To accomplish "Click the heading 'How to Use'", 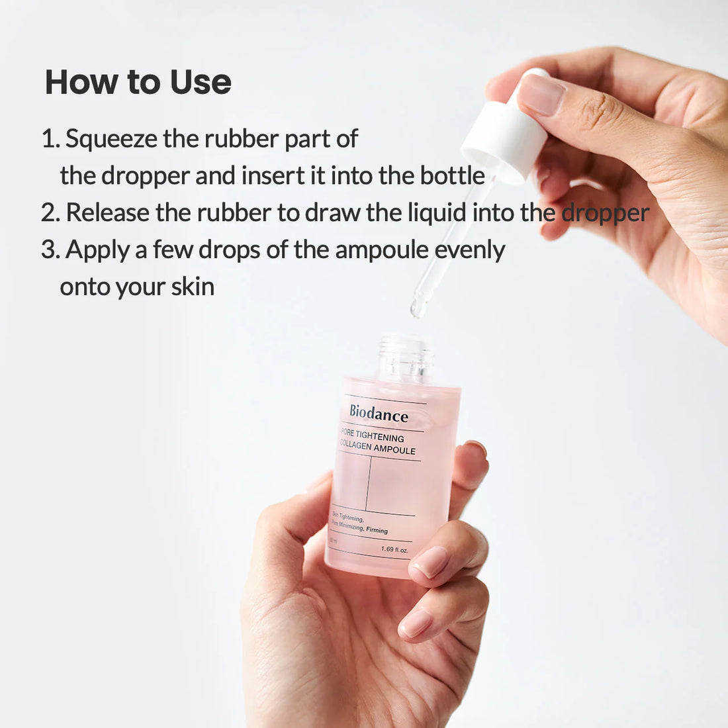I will click(138, 82).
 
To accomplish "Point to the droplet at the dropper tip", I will click(418, 308).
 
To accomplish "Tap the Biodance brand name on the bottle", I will click(379, 414).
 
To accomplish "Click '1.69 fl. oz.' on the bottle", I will click(394, 550).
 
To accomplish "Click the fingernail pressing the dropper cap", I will click(541, 95).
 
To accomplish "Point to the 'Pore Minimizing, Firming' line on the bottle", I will click(361, 527).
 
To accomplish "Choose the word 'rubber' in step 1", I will click(242, 139).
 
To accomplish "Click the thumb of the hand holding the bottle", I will click(291, 523).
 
